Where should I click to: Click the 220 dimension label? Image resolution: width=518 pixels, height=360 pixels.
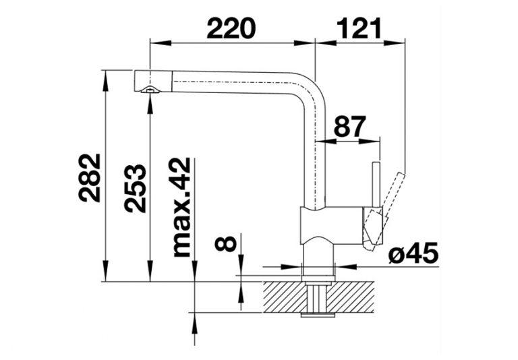click(231, 28)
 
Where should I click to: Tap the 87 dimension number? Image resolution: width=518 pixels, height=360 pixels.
click(349, 127)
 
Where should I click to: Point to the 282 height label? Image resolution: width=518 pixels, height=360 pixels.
click(89, 177)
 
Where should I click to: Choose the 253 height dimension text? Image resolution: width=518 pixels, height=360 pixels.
click(135, 187)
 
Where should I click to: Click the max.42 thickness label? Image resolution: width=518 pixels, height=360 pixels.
click(181, 208)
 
